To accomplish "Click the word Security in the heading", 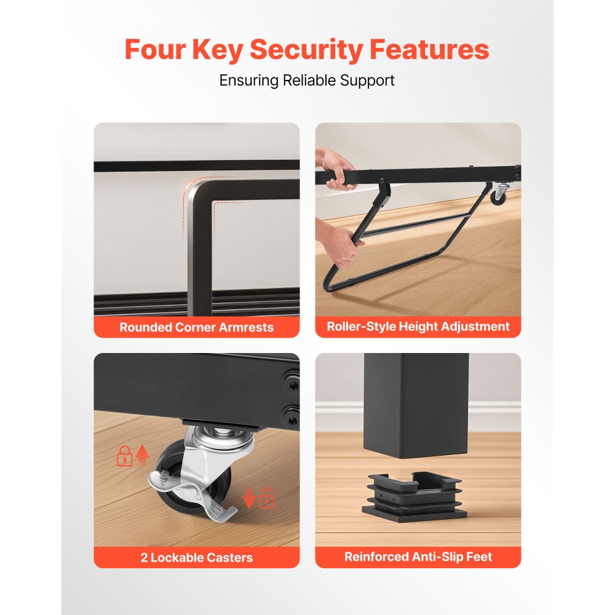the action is tap(306, 50).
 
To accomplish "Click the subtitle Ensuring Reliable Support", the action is tap(307, 81).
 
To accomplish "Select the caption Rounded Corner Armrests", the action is tap(197, 327).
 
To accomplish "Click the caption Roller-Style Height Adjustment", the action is tap(418, 327).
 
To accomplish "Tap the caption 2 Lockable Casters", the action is tap(197, 557).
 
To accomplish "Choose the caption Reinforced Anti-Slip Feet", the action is tap(418, 557).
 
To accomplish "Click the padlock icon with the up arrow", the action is tap(133, 456).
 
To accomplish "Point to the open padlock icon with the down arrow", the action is tap(258, 498).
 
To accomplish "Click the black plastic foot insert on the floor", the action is tap(415, 495).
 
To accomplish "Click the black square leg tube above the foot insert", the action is tap(416, 405).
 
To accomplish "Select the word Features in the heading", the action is tap(429, 49).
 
